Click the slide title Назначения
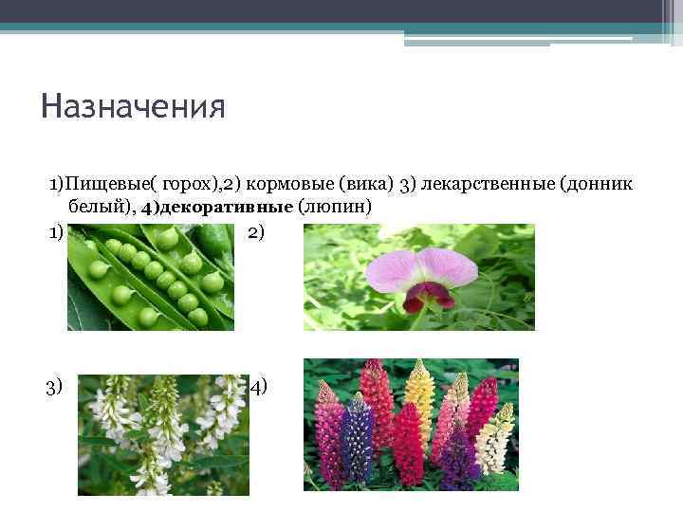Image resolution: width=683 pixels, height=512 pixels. (x=133, y=104)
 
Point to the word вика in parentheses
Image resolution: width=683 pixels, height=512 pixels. (x=359, y=184)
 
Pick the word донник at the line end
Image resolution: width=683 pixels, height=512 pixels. (x=597, y=184)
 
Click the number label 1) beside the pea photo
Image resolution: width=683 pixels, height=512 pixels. (x=56, y=232)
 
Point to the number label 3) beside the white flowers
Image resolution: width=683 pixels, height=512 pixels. (x=56, y=386)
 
